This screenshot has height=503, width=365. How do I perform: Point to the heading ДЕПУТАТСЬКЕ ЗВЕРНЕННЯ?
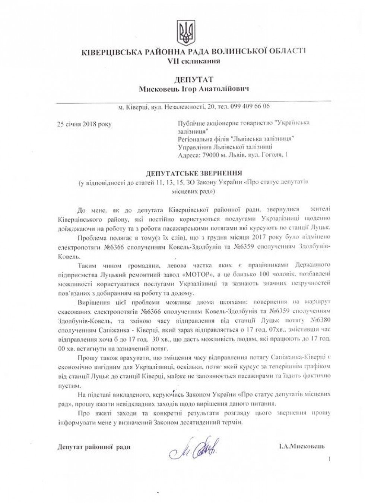(x=194, y=173)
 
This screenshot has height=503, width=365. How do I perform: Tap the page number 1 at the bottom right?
(x=330, y=459)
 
